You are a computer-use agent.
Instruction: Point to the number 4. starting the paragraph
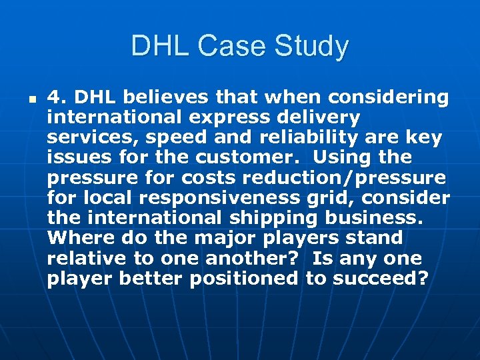(x=57, y=98)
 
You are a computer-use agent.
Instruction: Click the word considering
(x=391, y=98)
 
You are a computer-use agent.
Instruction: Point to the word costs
(x=206, y=178)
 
